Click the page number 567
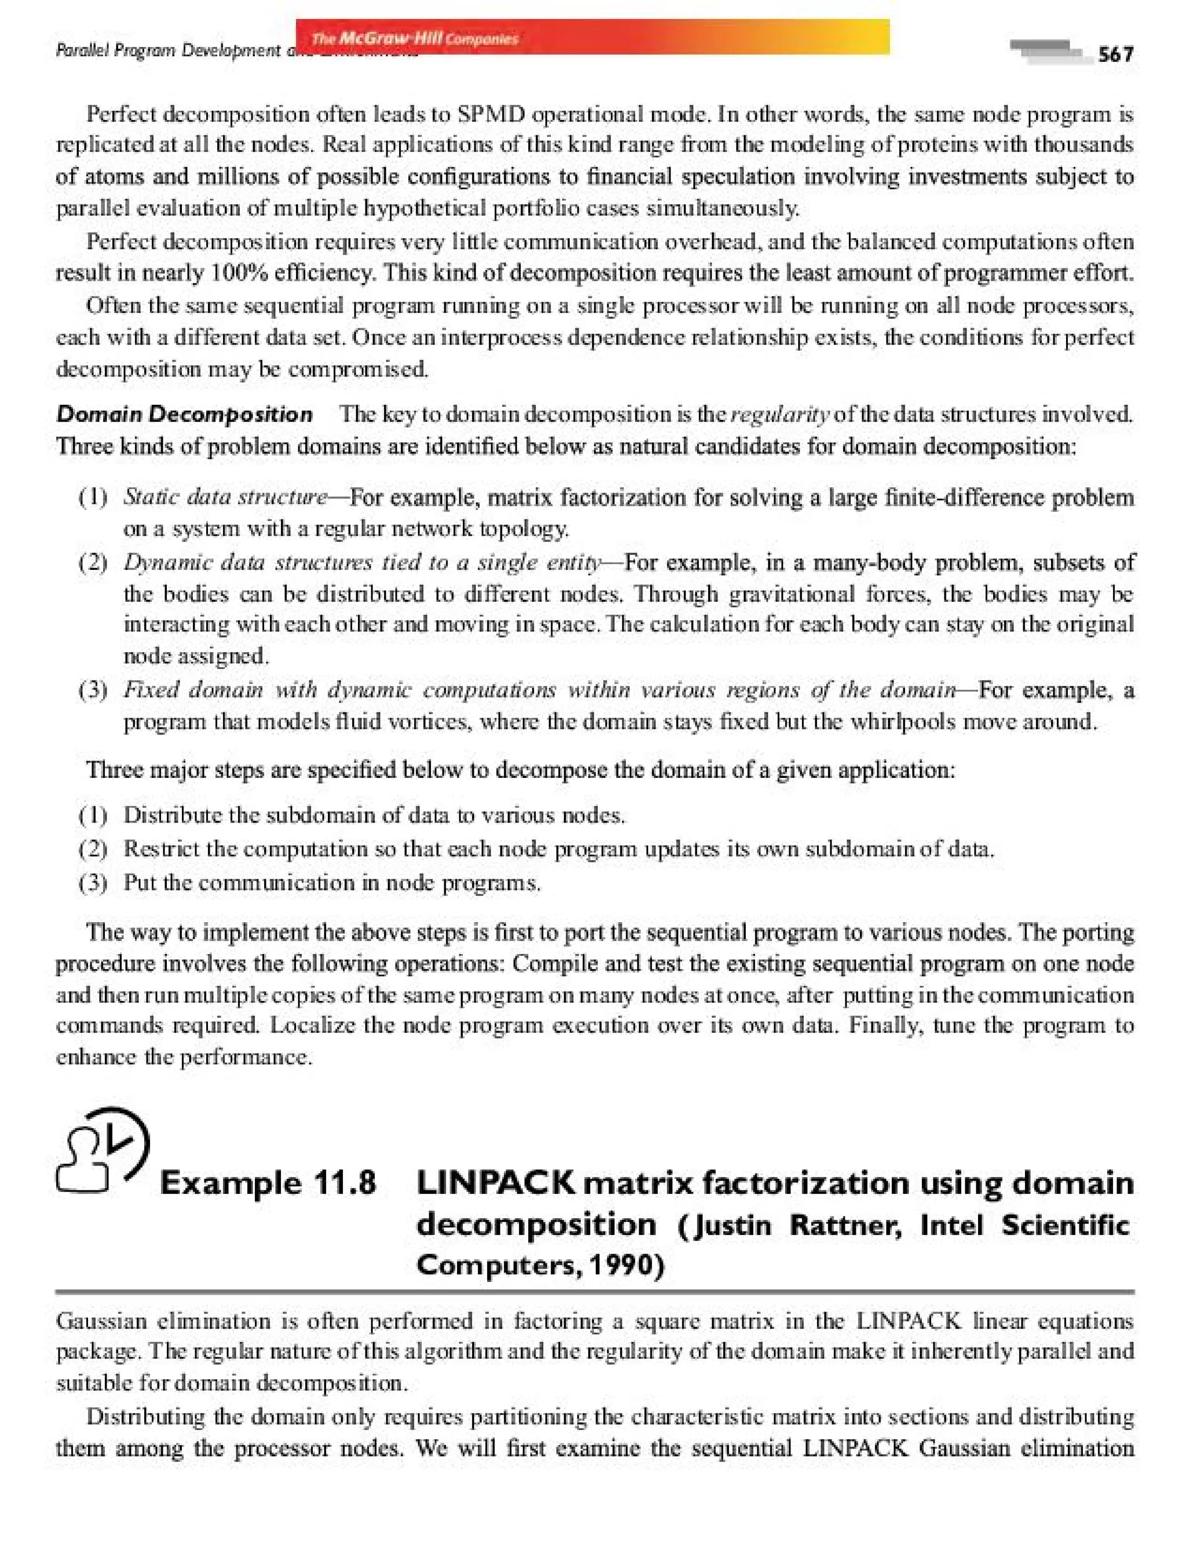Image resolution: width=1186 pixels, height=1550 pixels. tap(1115, 54)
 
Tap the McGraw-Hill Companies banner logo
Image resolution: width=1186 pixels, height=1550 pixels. tap(415, 38)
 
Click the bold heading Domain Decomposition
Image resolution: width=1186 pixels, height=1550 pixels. tap(184, 415)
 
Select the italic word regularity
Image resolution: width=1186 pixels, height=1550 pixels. tap(780, 415)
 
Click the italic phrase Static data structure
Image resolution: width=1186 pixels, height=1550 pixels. tap(225, 497)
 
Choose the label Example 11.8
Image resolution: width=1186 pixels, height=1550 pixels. tap(268, 1183)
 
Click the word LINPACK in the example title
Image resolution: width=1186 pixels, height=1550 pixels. tap(496, 1183)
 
